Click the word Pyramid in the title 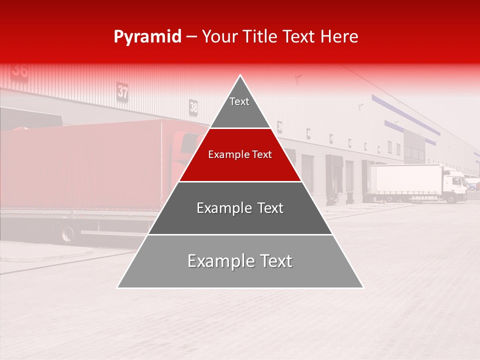point(147,37)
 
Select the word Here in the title point(339,36)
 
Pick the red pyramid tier point(240,155)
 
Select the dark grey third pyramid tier point(240,208)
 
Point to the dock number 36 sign point(19,70)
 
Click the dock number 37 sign point(122,91)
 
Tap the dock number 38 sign point(193,106)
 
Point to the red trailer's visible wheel point(67,233)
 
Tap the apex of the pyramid point(240,76)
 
